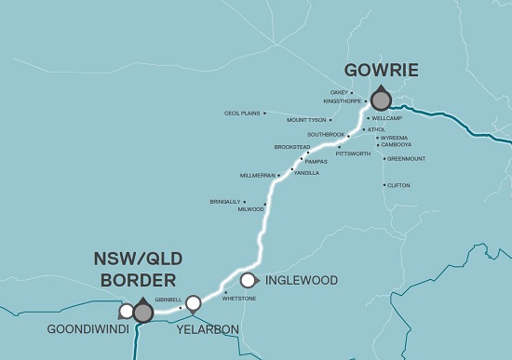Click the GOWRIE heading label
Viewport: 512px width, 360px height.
point(382,70)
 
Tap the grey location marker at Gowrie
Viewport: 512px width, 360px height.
point(381,100)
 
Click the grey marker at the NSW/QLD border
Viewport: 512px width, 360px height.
point(142,313)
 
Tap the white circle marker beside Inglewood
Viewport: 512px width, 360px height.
point(249,280)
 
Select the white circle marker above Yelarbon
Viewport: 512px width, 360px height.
point(193,302)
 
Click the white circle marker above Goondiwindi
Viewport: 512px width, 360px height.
point(127,311)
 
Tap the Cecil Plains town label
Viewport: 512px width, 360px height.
point(242,113)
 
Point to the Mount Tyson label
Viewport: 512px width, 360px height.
point(306,120)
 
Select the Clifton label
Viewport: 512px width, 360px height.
point(397,185)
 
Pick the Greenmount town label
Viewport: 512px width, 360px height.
point(406,158)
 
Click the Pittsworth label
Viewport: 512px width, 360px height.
point(353,153)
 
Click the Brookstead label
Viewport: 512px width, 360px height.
point(291,146)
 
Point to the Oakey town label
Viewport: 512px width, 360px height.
point(339,92)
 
